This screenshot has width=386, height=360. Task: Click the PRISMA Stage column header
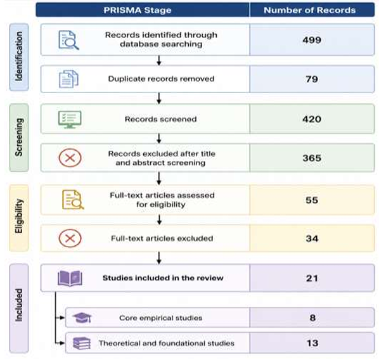point(138,10)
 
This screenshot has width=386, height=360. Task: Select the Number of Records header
point(310,10)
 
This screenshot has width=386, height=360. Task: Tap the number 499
point(312,40)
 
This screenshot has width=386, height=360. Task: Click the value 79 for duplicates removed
point(312,79)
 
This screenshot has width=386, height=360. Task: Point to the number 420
point(312,119)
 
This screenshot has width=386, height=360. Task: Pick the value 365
point(312,158)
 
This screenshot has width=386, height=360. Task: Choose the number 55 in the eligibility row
point(312,200)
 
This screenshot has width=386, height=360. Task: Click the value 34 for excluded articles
point(312,238)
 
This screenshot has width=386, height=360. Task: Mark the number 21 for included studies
point(312,278)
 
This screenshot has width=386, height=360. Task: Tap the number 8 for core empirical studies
point(312,318)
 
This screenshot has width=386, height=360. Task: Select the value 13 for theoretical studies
point(312,343)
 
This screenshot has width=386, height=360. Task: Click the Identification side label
point(19,56)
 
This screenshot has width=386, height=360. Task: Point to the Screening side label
point(19,137)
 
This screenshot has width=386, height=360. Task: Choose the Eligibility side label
point(19,216)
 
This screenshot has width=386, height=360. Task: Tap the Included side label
point(19,305)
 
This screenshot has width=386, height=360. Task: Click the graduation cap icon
point(82,318)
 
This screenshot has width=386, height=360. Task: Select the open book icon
point(70,278)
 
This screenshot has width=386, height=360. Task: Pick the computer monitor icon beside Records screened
point(70,119)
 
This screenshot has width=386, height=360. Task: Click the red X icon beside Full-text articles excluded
point(70,238)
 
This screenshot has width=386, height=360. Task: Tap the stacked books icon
point(82,344)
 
